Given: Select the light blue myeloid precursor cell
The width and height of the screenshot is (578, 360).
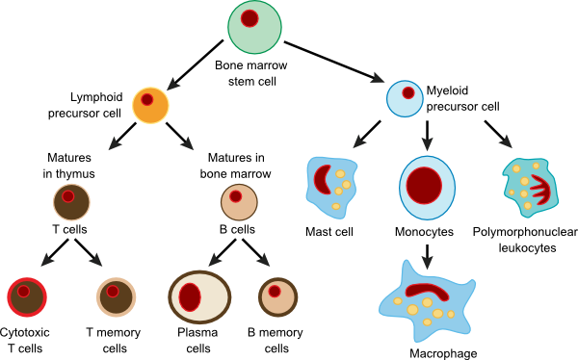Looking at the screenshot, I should (x=407, y=96).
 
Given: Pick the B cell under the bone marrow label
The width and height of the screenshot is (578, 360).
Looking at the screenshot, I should (x=237, y=203).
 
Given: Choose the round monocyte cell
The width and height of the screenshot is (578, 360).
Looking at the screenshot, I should (x=425, y=186).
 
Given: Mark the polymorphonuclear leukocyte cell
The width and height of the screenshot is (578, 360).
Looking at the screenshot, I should (x=531, y=188).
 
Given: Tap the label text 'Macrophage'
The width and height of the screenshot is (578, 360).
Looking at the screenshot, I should (x=443, y=353).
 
